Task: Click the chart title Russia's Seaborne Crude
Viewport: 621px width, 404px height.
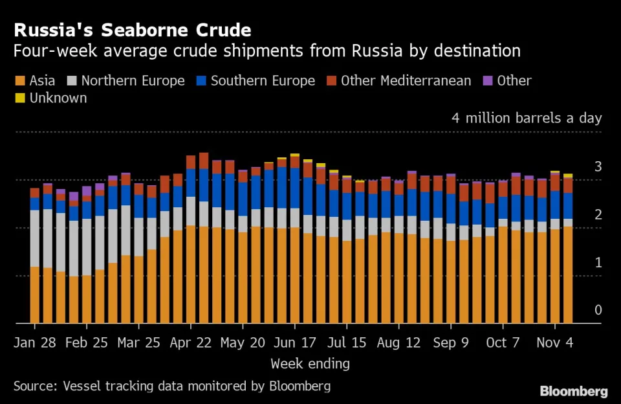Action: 133,30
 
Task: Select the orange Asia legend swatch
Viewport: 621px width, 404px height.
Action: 19,81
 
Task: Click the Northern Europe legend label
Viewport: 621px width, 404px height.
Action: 133,81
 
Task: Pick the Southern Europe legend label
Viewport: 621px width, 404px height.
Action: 263,81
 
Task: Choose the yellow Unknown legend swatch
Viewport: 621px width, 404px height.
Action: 19,98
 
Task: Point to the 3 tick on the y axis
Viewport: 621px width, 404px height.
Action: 598,167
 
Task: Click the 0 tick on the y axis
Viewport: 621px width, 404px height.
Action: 598,310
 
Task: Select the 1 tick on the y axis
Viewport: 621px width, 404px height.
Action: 598,262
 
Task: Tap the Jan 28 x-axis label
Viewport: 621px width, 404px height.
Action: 35,342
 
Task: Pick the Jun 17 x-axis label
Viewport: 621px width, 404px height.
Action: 295,342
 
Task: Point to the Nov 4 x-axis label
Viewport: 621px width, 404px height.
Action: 554,342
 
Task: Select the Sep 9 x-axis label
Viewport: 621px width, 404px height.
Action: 451,342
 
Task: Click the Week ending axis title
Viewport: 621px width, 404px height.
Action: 310,363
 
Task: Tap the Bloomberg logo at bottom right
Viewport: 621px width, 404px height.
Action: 574,391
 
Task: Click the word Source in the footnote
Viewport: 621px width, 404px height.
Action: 35,387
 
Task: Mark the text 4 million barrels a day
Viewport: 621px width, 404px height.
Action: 527,118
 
